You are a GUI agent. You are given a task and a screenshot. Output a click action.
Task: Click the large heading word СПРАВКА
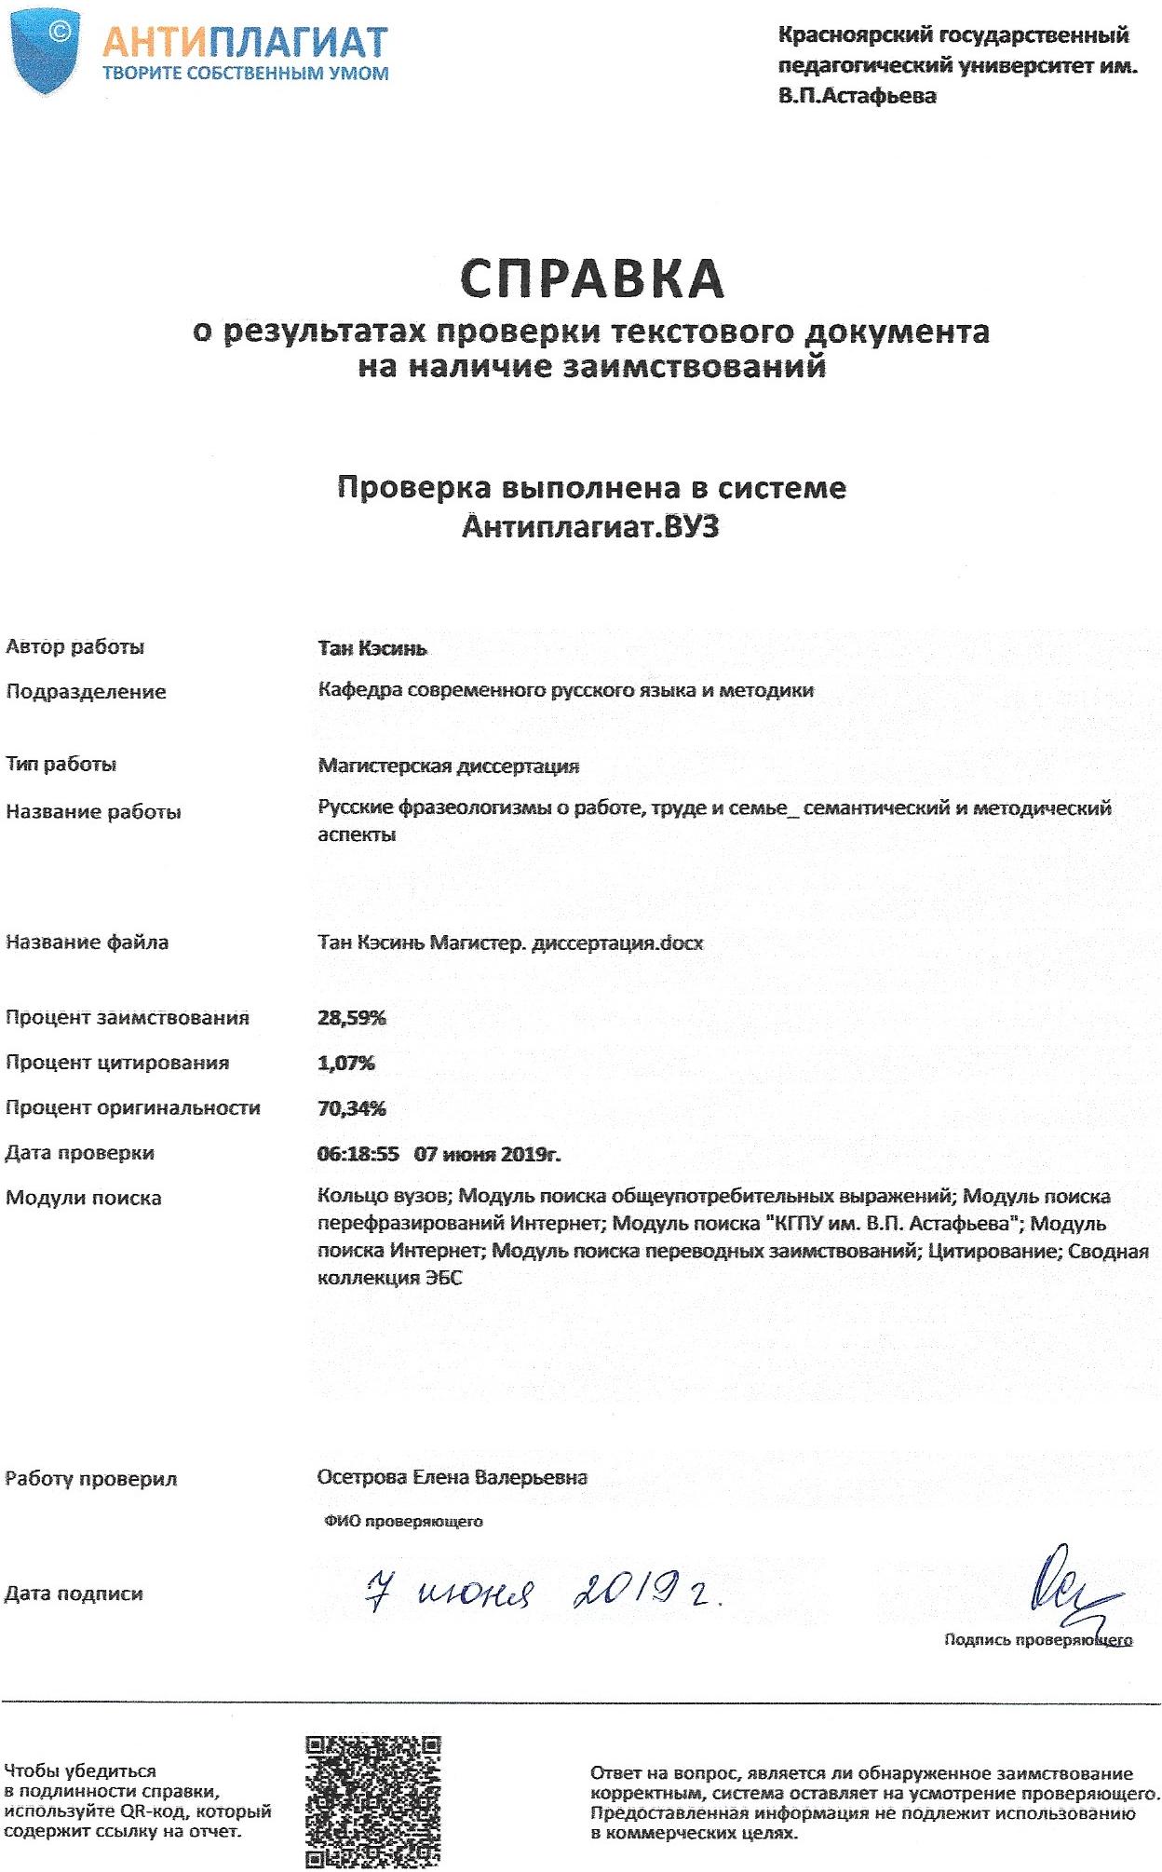tap(592, 277)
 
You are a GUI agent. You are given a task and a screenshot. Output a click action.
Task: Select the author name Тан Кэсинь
tap(372, 648)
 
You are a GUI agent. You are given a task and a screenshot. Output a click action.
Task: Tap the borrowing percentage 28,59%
tap(352, 1018)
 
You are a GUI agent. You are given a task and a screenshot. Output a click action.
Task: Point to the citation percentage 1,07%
tap(346, 1063)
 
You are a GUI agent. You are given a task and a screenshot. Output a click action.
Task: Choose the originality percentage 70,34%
tap(352, 1108)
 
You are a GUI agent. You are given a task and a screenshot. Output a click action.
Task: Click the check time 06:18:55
tap(358, 1154)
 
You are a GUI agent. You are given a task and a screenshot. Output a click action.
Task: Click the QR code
tap(373, 1802)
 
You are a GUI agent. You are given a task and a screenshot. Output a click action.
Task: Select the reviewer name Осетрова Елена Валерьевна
tap(453, 1478)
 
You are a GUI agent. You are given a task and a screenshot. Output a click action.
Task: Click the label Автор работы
tap(75, 647)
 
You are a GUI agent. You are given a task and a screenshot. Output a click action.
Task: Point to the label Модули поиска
tap(84, 1199)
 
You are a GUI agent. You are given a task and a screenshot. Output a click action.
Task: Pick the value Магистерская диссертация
tap(449, 766)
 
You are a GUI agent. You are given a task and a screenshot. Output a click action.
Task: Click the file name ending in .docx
tap(510, 943)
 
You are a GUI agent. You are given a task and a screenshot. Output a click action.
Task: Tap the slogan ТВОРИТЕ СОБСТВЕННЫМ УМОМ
tap(246, 74)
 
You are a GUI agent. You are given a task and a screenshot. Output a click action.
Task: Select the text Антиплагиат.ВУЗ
tap(591, 527)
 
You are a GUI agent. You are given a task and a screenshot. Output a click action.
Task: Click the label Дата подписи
tap(74, 1594)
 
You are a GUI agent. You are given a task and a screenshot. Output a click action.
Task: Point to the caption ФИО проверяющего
tap(404, 1522)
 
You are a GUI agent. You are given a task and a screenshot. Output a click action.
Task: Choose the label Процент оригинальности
tap(133, 1108)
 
